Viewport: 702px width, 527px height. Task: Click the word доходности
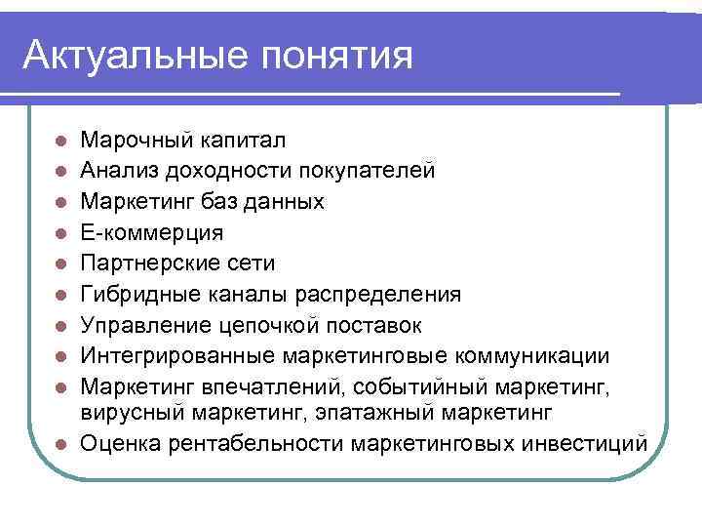pos(221,172)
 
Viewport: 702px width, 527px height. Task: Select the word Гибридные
pos(137,294)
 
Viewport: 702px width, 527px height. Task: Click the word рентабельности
pos(264,444)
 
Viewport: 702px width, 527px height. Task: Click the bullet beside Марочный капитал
pos(60,142)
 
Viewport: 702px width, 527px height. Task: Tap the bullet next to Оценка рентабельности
pos(60,444)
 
